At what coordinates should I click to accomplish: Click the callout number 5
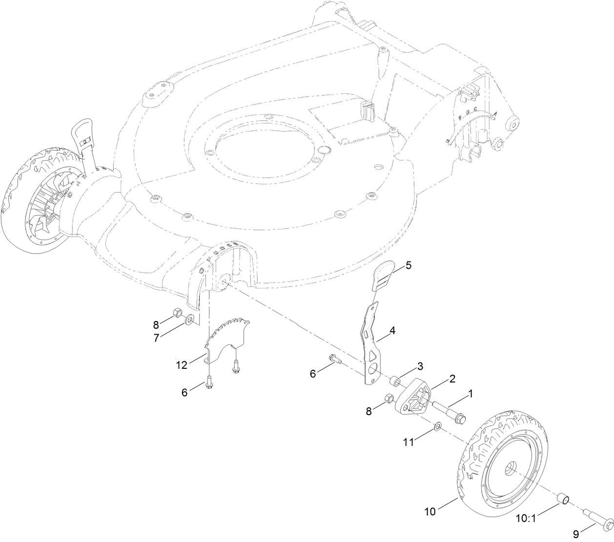tap(409, 265)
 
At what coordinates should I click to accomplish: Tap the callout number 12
tap(182, 364)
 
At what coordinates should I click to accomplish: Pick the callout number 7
tap(156, 338)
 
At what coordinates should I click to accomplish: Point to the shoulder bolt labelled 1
tap(449, 411)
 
